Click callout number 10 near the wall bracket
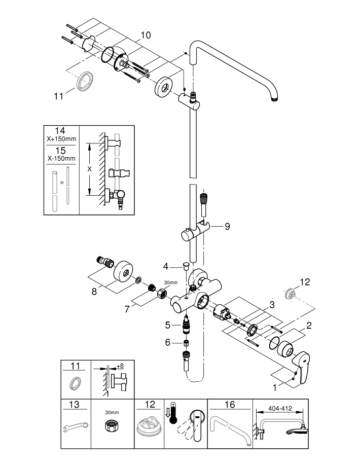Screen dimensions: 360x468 pos(146,35)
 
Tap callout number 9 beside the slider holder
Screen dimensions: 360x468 pos(228,226)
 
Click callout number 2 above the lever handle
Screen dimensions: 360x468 pos(309,325)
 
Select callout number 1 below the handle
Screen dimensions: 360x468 pos(275,387)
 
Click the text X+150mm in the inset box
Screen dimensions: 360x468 pos(61,139)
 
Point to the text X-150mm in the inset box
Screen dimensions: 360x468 pos(61,158)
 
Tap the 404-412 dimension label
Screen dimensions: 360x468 pos(280,408)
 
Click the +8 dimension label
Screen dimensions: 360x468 pos(120,366)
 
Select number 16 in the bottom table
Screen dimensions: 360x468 pos(230,405)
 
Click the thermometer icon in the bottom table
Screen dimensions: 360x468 pos(172,413)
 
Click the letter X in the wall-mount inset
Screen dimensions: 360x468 pos(89,169)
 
